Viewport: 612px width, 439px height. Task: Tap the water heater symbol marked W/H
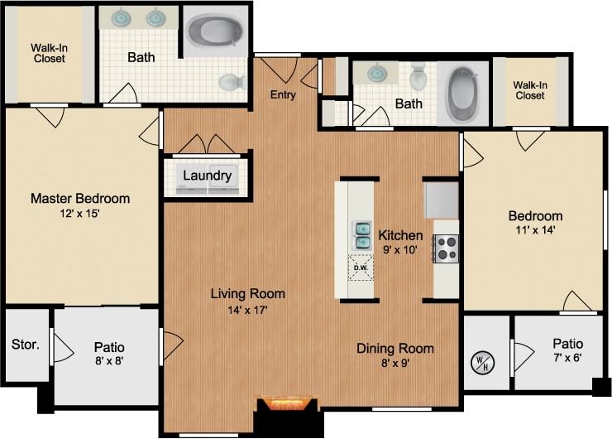coord(481,362)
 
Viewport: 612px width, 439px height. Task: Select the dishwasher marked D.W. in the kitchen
coord(361,268)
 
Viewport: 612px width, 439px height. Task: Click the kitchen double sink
coord(362,234)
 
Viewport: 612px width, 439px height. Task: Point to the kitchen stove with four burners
coord(446,248)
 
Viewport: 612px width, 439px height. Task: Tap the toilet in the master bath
coord(232,81)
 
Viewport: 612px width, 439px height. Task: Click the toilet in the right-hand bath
coord(418,76)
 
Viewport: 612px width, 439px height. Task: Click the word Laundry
coord(207,176)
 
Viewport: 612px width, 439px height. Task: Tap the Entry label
coord(283,95)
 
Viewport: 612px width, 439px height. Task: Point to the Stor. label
coord(26,344)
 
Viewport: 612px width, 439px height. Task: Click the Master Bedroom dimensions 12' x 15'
coord(79,214)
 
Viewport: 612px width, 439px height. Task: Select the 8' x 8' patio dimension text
coord(110,360)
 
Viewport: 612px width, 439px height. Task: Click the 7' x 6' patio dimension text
coord(567,359)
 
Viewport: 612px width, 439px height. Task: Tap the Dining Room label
coord(394,348)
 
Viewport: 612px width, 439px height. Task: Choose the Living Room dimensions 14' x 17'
coord(247,310)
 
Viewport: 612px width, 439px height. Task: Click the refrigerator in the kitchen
coord(442,200)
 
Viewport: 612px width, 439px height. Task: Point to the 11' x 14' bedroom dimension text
coord(534,231)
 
